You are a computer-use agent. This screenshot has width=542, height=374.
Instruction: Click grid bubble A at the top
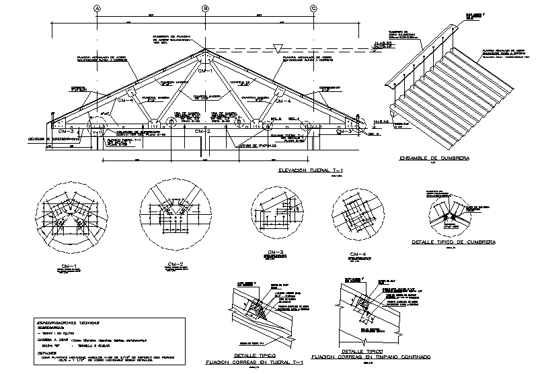pyautogui.click(x=97, y=8)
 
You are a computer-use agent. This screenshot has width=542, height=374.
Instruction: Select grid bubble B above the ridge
pyautogui.click(x=206, y=8)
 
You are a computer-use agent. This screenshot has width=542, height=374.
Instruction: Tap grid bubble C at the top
pyautogui.click(x=314, y=8)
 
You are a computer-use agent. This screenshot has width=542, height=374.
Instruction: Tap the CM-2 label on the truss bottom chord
pyautogui.click(x=202, y=132)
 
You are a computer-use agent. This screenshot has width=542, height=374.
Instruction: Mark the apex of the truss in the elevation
pyautogui.click(x=206, y=48)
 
